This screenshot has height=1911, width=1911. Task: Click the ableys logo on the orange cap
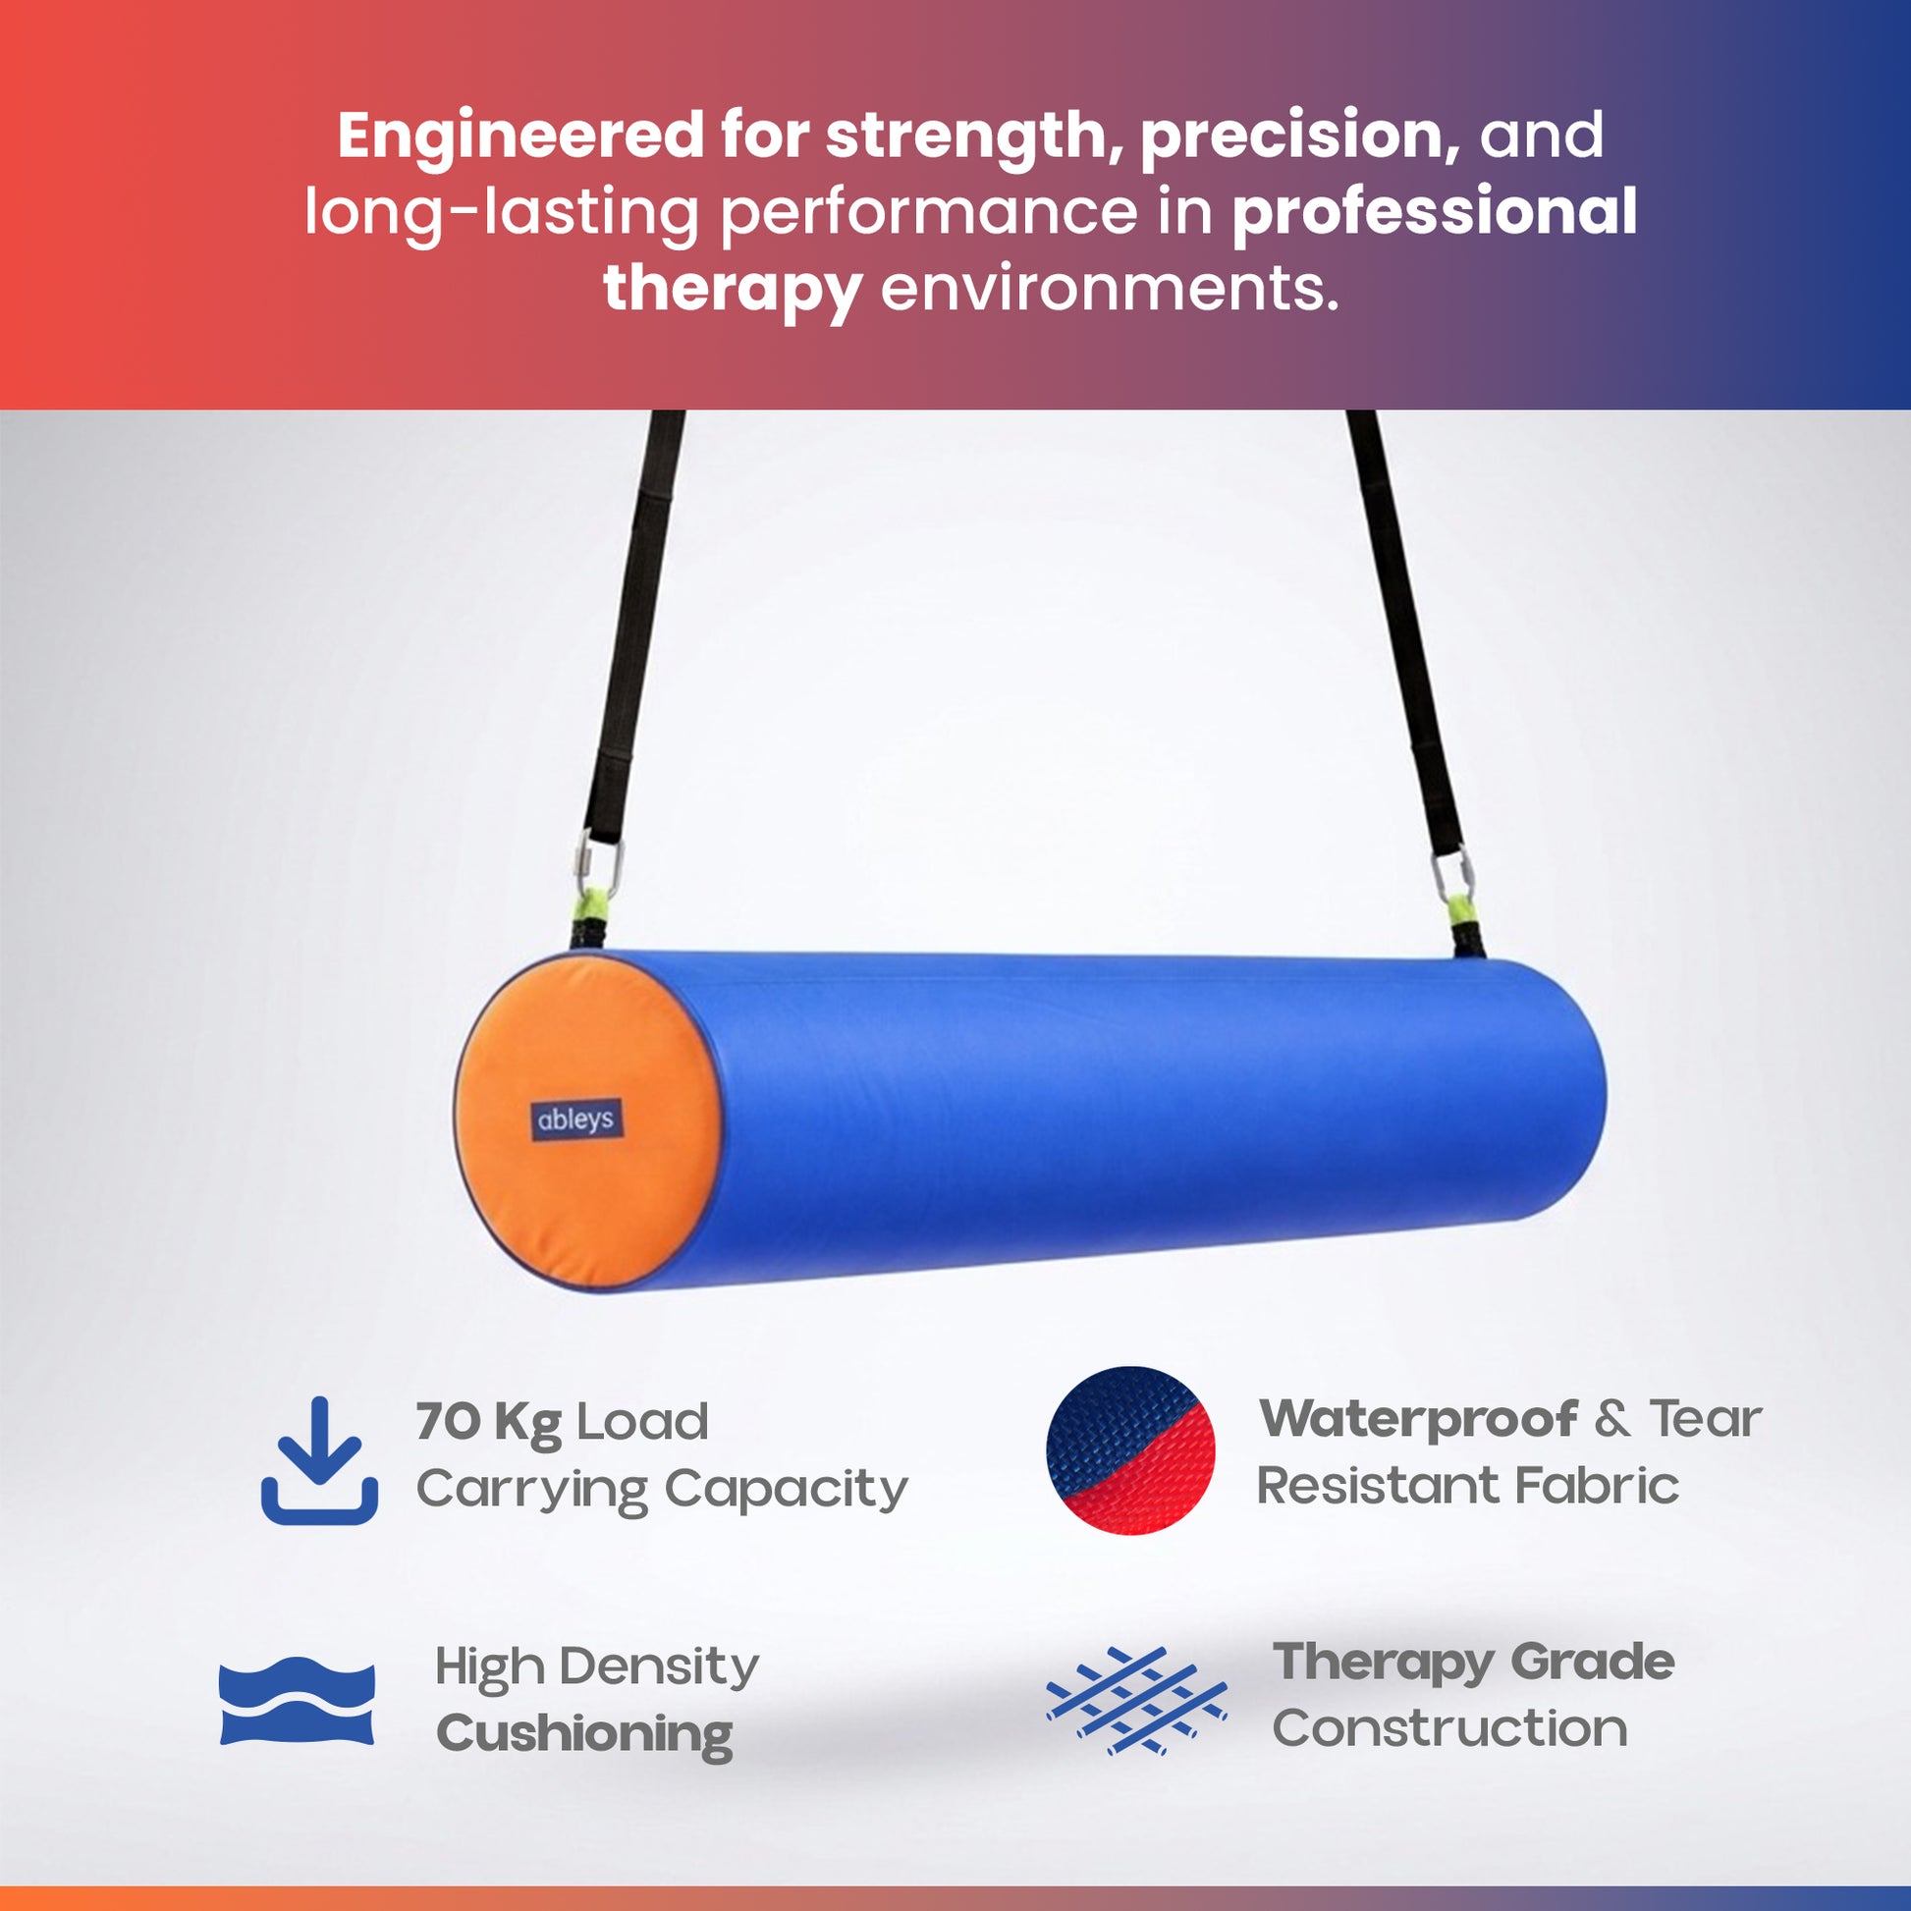click(x=576, y=1119)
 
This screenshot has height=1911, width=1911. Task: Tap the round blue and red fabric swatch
click(x=1130, y=1450)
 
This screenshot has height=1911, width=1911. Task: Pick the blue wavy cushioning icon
click(x=297, y=1700)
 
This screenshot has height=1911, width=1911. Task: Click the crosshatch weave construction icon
click(x=1136, y=1700)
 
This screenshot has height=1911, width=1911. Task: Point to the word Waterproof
click(x=1418, y=1418)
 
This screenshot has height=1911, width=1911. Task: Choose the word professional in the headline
click(x=1435, y=212)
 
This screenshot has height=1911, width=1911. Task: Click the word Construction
click(x=1450, y=1728)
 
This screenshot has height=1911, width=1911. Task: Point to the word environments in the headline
click(x=1110, y=289)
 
